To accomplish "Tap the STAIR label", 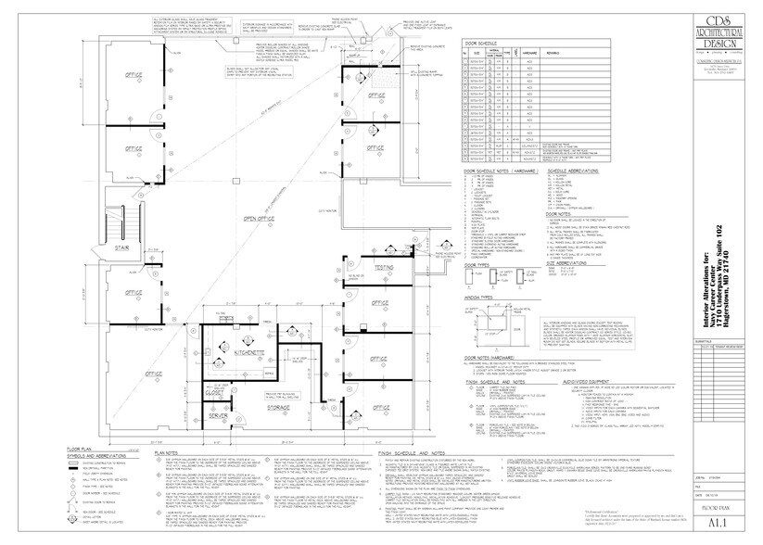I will (121, 248).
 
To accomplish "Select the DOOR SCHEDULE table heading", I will (481, 43).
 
